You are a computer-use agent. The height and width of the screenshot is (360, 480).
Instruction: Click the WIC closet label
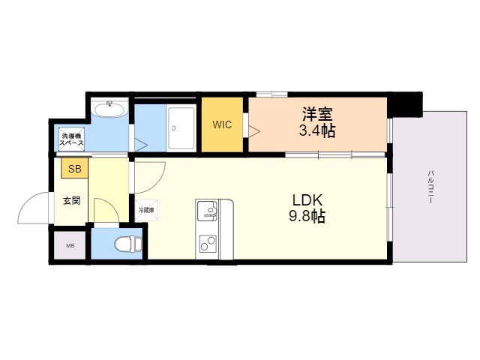(222, 125)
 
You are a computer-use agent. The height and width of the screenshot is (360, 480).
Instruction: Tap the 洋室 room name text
(317, 114)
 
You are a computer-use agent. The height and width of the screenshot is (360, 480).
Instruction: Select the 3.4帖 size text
(316, 130)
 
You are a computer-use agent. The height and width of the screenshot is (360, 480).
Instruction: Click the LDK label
(307, 200)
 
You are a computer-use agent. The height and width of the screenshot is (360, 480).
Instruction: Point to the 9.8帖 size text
(307, 217)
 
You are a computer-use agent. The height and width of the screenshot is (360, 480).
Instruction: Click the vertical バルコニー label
(430, 187)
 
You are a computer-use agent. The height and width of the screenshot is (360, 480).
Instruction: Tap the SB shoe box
(74, 168)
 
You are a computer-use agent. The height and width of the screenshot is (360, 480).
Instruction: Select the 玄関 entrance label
(72, 201)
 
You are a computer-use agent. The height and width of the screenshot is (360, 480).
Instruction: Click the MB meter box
(70, 245)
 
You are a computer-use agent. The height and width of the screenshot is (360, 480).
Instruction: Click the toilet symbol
(128, 244)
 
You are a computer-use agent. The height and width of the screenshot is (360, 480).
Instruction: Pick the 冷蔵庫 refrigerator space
(146, 210)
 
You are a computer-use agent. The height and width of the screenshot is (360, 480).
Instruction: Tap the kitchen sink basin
(207, 211)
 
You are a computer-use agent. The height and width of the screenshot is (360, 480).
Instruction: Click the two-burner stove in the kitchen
(208, 243)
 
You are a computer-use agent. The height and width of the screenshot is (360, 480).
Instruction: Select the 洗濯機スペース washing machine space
(71, 139)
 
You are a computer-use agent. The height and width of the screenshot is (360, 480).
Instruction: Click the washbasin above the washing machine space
(110, 109)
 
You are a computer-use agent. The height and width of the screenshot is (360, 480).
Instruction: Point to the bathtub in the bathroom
(181, 128)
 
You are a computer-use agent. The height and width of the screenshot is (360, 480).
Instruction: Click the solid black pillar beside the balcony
(407, 105)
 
